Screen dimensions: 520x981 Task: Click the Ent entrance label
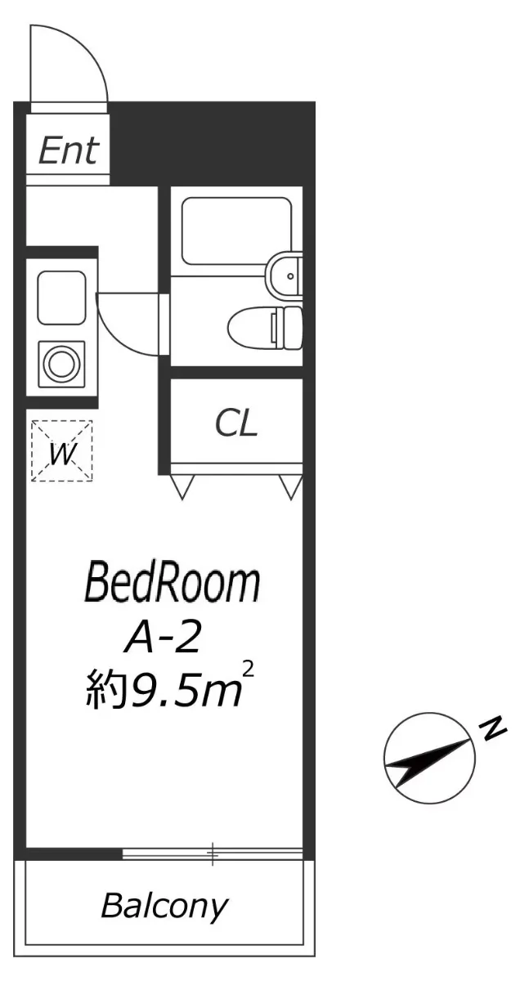(x=69, y=151)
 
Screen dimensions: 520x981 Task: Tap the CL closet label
(x=235, y=423)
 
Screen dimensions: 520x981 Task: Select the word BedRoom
(x=173, y=584)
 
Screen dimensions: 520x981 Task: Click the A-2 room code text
(x=164, y=638)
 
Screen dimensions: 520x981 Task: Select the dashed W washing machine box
(x=62, y=451)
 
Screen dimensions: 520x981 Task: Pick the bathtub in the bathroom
(x=236, y=231)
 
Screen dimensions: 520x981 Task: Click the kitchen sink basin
(x=61, y=298)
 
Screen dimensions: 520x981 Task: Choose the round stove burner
(x=61, y=364)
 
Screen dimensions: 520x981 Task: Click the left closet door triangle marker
(x=182, y=487)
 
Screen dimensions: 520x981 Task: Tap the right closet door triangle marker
(x=291, y=487)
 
